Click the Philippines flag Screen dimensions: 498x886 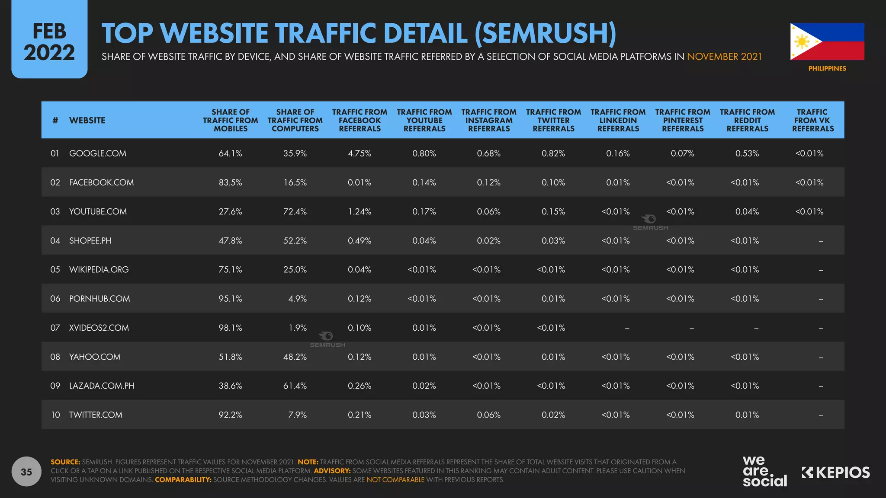827,41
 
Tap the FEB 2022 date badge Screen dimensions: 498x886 49,42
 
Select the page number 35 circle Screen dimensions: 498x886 26,472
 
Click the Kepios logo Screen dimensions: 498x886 835,472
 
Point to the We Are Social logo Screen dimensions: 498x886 764,471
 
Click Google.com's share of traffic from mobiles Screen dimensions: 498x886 230,153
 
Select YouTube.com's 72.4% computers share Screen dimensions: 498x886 295,212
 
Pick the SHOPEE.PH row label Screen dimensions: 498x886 90,241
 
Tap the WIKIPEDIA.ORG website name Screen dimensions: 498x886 99,270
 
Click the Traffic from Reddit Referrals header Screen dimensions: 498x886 747,120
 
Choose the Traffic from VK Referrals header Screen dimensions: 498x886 812,120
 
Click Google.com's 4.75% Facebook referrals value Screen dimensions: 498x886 360,153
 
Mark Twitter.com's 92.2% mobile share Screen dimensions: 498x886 230,415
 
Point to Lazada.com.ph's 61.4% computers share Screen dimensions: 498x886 295,386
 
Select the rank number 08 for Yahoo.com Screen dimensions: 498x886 55,357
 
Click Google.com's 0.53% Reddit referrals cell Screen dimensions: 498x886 747,153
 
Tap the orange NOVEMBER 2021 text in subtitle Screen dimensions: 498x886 724,57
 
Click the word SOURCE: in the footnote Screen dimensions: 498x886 65,462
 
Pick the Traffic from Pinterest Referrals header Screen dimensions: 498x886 683,120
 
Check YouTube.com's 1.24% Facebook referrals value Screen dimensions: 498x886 360,212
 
